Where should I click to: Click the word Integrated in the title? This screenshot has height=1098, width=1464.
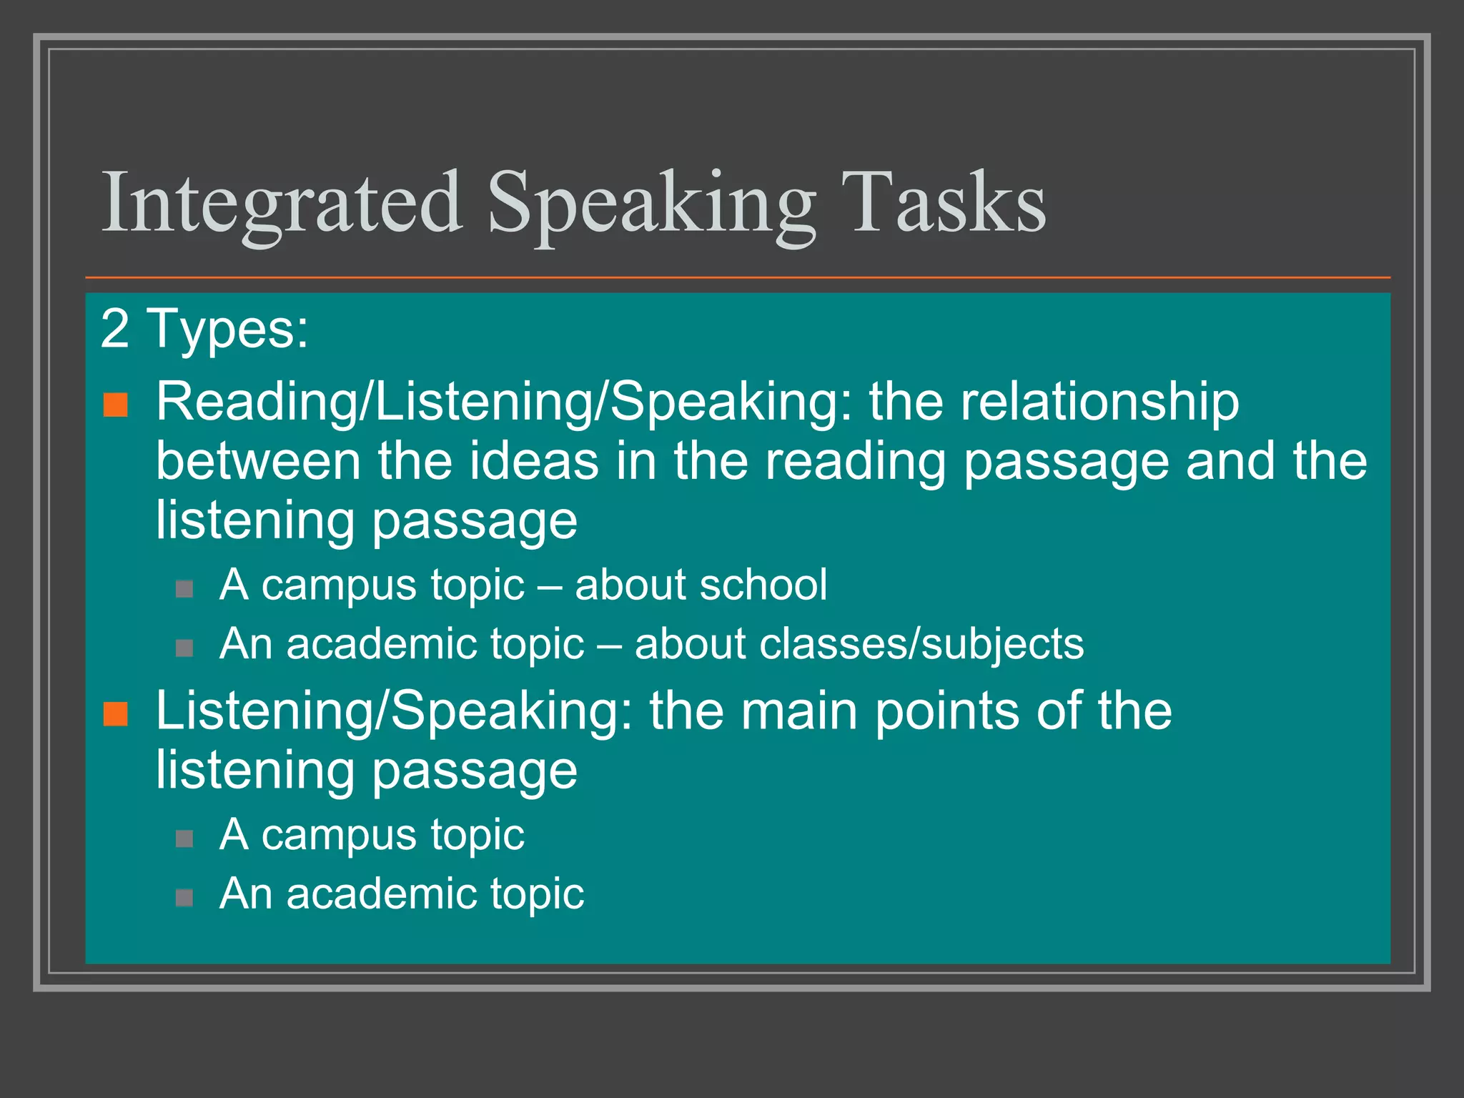coord(282,203)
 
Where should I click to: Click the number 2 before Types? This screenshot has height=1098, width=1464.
coord(115,330)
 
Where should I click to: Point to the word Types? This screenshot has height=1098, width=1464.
coord(227,330)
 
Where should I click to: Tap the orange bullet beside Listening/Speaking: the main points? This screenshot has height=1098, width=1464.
coord(116,713)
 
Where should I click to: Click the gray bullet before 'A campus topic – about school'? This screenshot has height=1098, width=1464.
coord(184,589)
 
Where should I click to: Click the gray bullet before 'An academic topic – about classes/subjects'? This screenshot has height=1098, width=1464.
coord(184,648)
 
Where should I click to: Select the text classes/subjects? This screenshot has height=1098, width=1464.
coord(921,644)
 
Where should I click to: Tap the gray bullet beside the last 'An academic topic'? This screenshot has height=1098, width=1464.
coord(184,897)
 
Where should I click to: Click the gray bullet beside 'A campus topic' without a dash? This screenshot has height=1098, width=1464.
coord(184,838)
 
